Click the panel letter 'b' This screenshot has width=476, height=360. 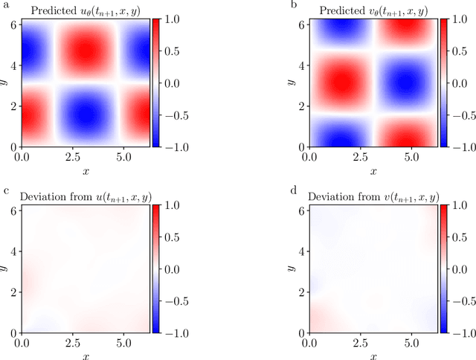coord(294,4)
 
